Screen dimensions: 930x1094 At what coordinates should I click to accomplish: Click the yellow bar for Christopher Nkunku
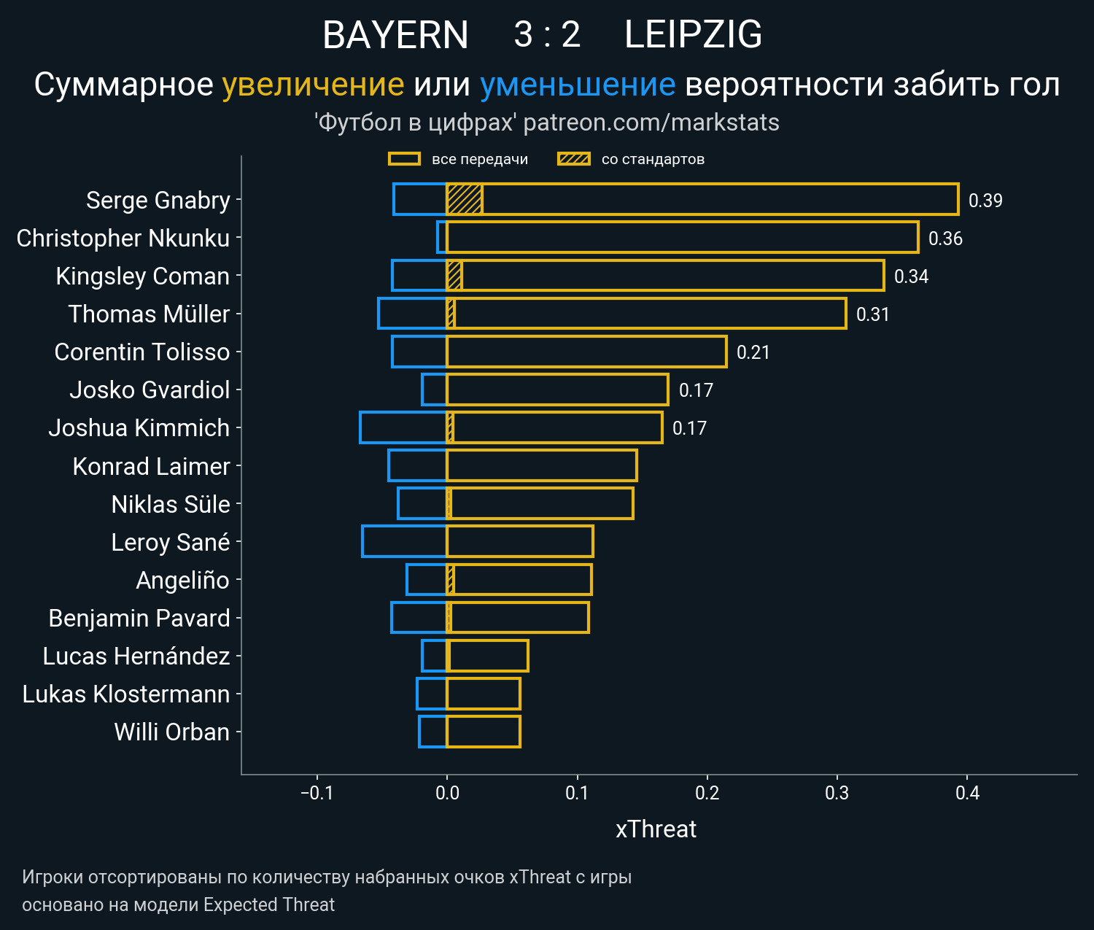682,238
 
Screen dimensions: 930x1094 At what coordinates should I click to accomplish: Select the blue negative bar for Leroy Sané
404,541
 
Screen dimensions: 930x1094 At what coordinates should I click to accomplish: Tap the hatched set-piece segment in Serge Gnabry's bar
465,199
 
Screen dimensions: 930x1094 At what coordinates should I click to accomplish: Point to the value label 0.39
985,201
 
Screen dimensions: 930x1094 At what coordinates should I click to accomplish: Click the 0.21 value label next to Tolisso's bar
753,352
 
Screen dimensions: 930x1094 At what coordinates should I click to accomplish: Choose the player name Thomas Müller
149,314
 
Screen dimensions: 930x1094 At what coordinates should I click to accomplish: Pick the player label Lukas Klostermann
126,694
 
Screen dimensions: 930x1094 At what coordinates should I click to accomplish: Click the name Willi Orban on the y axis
172,732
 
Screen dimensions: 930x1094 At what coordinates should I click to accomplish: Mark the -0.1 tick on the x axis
317,793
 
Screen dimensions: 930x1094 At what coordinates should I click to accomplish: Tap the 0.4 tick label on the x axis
968,793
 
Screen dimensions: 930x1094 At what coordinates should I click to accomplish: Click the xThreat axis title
656,829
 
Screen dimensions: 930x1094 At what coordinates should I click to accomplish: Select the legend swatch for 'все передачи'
404,159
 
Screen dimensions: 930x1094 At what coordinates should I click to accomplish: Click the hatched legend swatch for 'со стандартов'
574,159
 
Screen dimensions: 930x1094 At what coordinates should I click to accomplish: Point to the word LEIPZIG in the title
693,35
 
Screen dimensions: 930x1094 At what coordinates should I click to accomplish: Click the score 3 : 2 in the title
547,35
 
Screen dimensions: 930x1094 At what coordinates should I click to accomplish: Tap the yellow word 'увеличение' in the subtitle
313,85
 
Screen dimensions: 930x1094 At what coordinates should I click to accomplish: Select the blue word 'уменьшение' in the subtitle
578,85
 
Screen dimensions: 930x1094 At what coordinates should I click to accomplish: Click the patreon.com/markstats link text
651,123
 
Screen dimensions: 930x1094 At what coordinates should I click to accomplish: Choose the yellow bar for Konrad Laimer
542,465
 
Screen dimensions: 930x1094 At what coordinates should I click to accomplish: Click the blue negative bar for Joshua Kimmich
403,427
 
